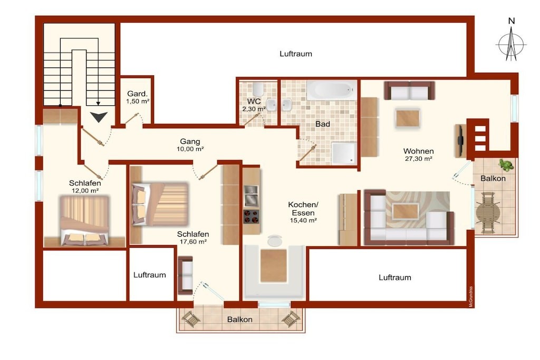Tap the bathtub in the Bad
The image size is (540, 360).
click(332, 91)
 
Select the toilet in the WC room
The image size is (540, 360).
click(258, 89)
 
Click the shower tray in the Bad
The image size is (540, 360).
click(343, 153)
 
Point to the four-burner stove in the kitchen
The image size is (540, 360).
click(251, 217)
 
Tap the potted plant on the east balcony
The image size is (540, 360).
click(506, 165)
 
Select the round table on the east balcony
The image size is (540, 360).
click(488, 213)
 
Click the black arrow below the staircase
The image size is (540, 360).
click(99, 117)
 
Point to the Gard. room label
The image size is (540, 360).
click(138, 94)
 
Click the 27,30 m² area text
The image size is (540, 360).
click(418, 159)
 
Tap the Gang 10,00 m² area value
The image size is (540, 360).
click(190, 149)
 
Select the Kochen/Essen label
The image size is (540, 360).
click(303, 209)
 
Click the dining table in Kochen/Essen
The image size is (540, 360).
click(274, 266)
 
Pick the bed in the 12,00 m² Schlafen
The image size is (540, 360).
click(85, 220)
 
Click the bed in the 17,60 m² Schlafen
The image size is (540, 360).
click(160, 204)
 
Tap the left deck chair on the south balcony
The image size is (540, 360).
click(190, 319)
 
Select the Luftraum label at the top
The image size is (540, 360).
click(296, 54)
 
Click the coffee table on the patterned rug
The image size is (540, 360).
click(406, 211)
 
